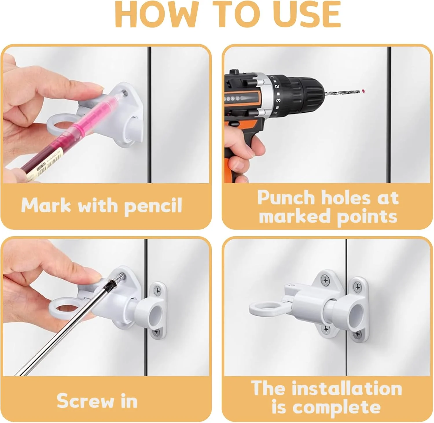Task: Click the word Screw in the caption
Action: [x=85, y=401]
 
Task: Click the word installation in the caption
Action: [x=347, y=388]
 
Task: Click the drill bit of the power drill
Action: [x=342, y=93]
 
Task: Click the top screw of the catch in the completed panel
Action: [x=358, y=287]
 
